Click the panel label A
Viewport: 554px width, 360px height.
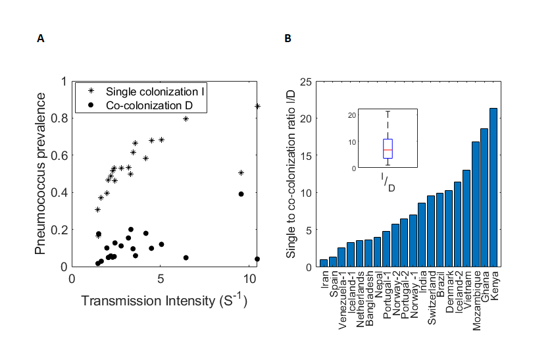41,39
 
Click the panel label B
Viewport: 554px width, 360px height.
288,39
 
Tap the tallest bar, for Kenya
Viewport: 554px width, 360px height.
493,187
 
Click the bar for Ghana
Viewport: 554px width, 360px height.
484,197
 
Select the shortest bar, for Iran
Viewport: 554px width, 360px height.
324,263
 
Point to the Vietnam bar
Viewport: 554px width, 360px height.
466,218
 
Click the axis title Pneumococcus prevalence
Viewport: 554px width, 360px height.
41,174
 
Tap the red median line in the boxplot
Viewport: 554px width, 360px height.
388,150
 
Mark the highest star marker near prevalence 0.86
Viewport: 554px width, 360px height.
257,106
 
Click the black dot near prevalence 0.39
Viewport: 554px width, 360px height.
241,193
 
